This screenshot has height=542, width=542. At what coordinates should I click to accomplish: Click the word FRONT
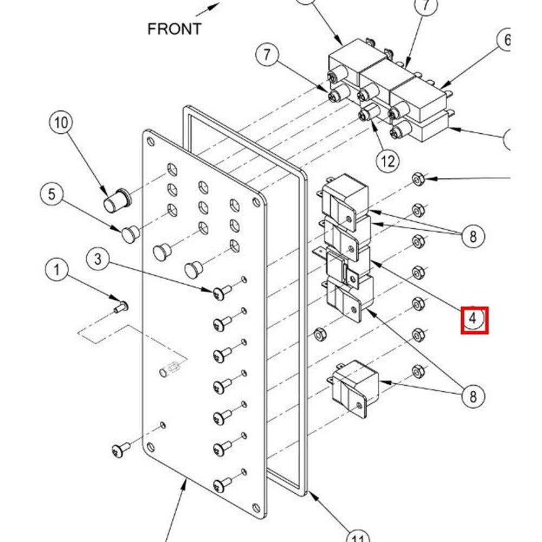coord(175,29)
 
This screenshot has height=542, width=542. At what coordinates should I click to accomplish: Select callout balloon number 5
coord(51,193)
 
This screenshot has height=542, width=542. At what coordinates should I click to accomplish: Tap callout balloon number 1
coord(57,269)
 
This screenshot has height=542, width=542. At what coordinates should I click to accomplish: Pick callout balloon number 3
coord(98,259)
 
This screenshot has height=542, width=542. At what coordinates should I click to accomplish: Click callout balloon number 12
coord(388,160)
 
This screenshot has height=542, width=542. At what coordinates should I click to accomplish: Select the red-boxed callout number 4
coord(474,320)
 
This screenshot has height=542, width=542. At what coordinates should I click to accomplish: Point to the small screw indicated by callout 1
coord(120,307)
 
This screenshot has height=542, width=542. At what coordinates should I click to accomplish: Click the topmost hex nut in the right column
coord(418,178)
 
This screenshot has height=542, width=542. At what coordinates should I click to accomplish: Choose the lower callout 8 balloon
coord(473,396)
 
